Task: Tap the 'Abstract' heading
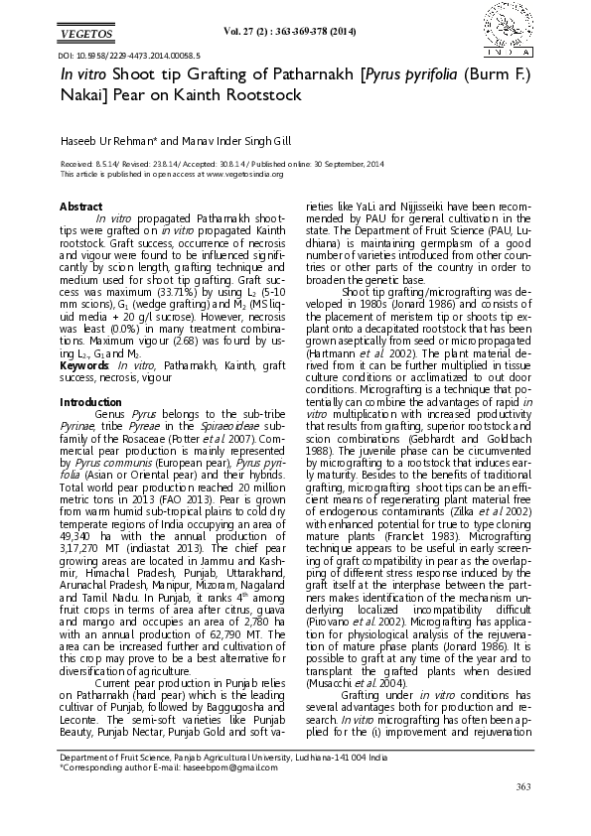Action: coord(80,206)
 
